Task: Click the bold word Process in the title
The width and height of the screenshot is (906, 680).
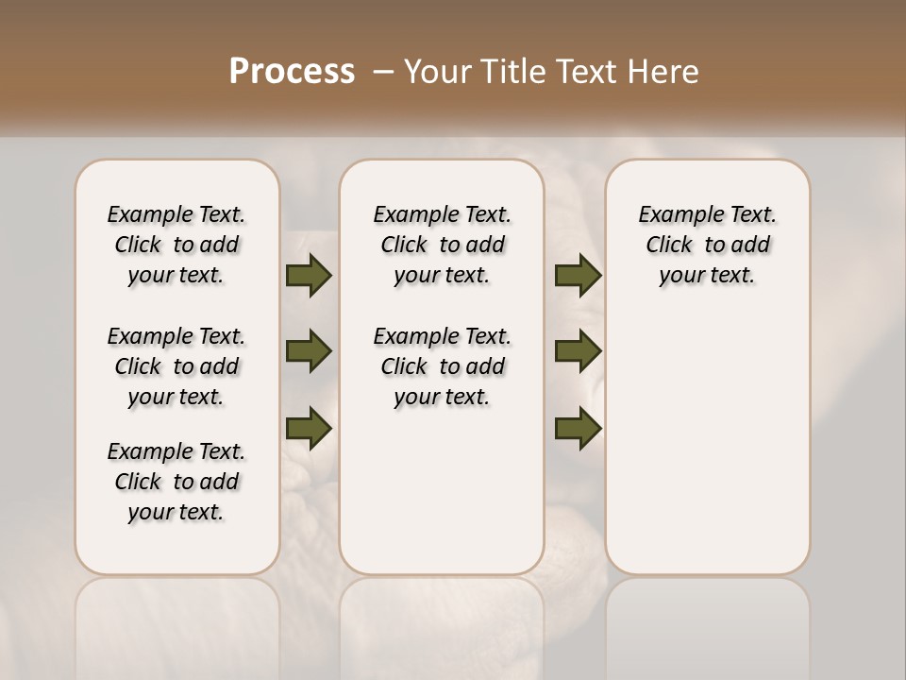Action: (292, 71)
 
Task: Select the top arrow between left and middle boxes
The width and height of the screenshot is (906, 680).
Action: (309, 276)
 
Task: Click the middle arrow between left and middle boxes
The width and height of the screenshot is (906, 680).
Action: (309, 351)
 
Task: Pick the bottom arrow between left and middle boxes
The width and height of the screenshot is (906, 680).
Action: (309, 427)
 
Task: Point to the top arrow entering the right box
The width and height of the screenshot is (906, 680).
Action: (578, 276)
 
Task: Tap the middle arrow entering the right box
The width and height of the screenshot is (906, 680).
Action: (578, 351)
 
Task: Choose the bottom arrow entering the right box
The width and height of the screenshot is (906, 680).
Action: (578, 427)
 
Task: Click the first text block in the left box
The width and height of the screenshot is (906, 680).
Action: (176, 245)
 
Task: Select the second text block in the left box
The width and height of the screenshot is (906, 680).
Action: (176, 366)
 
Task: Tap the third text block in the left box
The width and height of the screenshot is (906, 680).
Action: (176, 482)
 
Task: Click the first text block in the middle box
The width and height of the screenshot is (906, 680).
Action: (442, 245)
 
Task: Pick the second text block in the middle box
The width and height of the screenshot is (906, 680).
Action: (442, 366)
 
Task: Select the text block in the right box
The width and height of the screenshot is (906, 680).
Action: (707, 245)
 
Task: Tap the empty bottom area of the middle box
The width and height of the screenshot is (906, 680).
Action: (442, 501)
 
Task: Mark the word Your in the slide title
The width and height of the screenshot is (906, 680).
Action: (433, 71)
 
